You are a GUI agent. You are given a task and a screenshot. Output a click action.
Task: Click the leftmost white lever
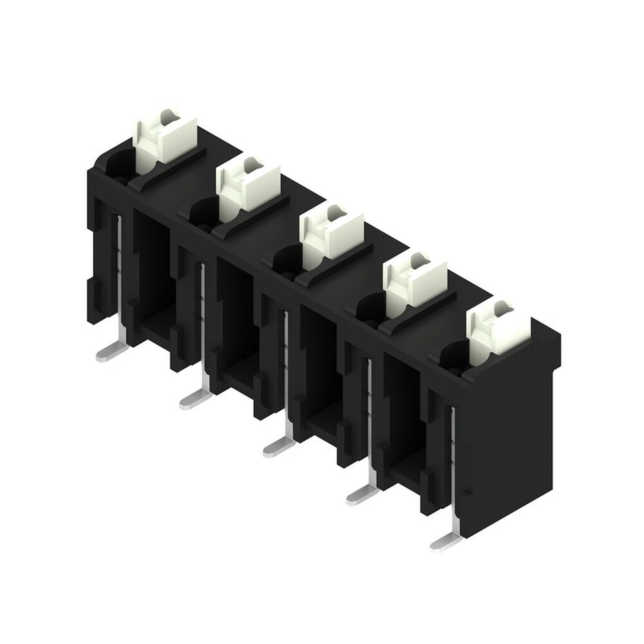[x=164, y=137]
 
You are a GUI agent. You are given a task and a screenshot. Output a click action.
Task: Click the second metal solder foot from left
[x=195, y=399]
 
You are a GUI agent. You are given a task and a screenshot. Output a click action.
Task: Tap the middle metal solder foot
[x=278, y=446]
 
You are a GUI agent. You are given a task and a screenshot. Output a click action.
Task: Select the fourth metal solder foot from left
[x=362, y=493]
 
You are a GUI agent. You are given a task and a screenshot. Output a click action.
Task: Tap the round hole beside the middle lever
[x=287, y=260]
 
